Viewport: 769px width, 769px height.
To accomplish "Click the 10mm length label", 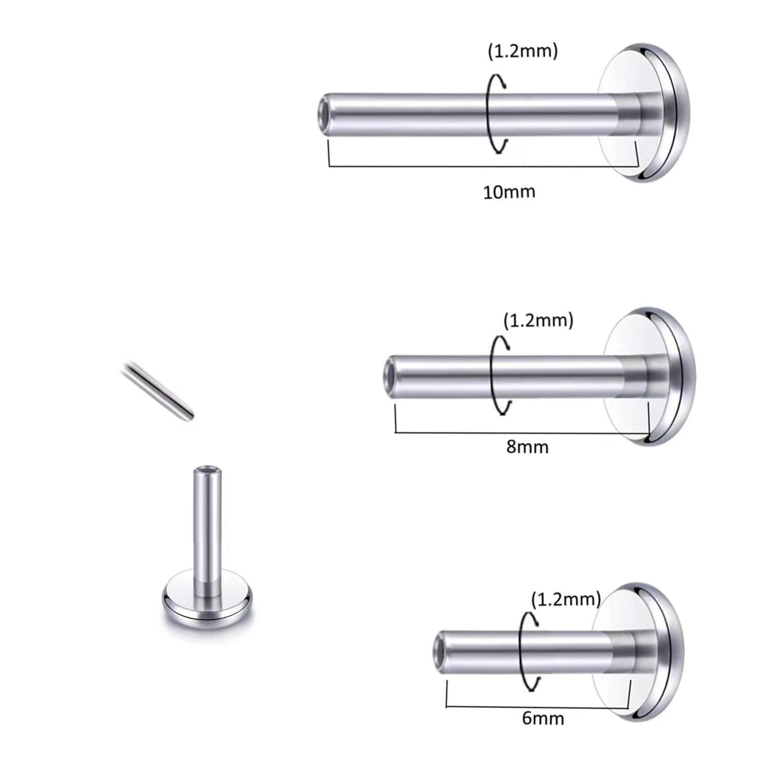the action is (x=509, y=192).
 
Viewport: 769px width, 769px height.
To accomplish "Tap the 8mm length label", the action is (x=527, y=447).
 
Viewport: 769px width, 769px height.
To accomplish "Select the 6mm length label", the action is (x=543, y=718).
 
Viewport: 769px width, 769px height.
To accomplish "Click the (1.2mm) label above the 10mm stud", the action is (x=522, y=51).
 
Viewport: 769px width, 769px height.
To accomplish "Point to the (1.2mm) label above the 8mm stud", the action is (x=538, y=321).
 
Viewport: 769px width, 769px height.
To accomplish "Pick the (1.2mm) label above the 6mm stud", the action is (x=565, y=599).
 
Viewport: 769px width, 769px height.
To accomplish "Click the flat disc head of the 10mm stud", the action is (x=643, y=113).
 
